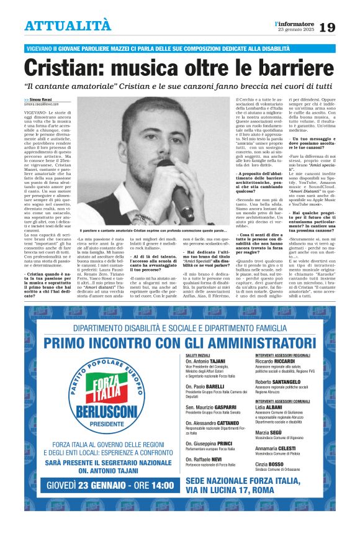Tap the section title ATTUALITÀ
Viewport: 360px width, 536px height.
(x=68, y=26)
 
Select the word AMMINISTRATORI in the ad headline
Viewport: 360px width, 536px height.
(x=255, y=343)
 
